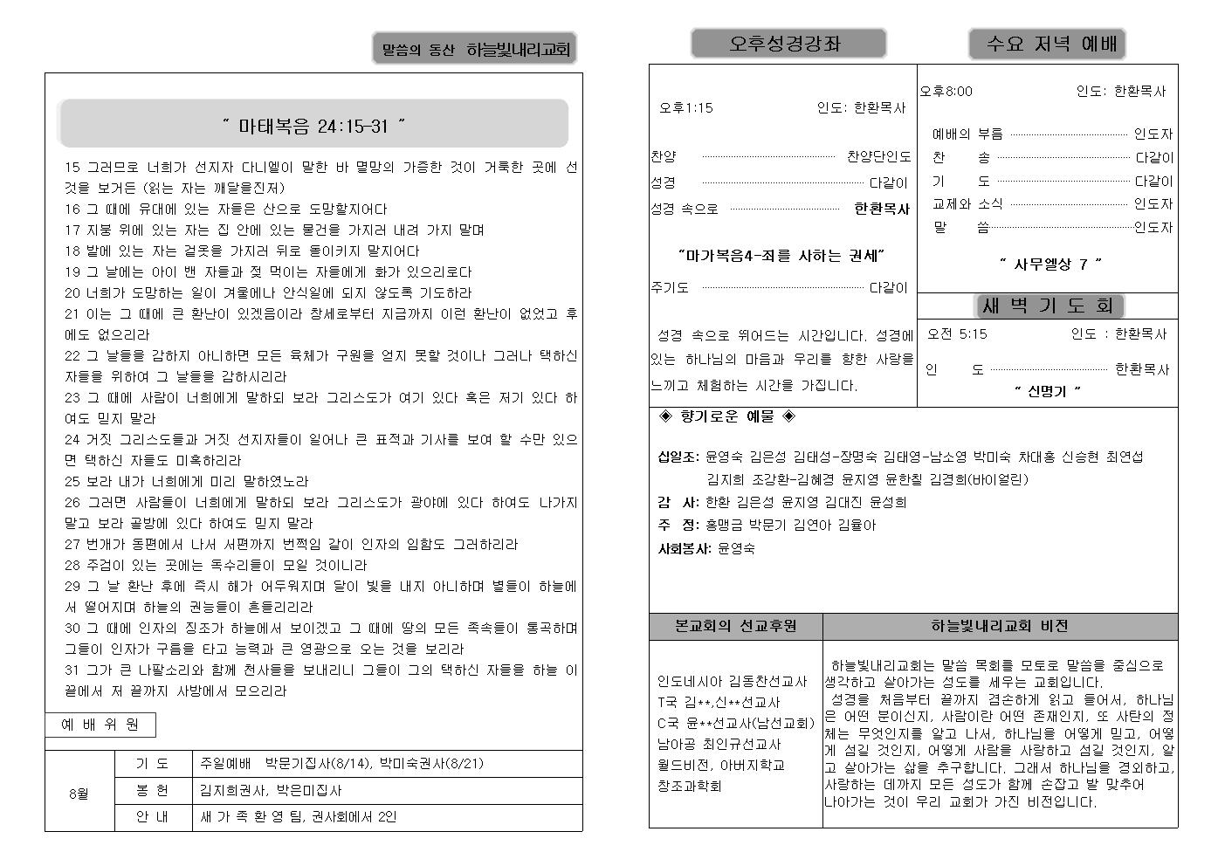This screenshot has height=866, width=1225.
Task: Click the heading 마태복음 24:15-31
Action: [x=313, y=126]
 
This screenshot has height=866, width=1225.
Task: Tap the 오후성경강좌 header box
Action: [x=788, y=44]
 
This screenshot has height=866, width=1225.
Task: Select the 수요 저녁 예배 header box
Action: [x=1046, y=44]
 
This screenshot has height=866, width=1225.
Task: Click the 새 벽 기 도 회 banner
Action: [x=1048, y=306]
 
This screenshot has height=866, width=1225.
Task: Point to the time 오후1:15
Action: [x=685, y=108]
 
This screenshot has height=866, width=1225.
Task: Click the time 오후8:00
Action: [x=946, y=91]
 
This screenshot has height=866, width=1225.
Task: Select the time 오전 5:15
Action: [x=957, y=333]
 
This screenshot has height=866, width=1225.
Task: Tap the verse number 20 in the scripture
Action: [x=72, y=293]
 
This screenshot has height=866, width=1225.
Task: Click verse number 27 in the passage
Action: [x=72, y=545]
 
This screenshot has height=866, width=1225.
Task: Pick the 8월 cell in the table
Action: [x=79, y=794]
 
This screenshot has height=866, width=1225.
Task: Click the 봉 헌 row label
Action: [x=152, y=790]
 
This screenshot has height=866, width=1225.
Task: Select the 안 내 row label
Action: [x=152, y=817]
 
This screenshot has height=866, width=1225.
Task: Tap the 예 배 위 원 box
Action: [x=100, y=725]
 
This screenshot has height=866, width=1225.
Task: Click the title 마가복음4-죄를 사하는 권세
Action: [x=781, y=256]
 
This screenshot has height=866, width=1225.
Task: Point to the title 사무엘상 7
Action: [x=1050, y=264]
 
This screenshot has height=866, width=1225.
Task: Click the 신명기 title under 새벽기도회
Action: [x=1048, y=391]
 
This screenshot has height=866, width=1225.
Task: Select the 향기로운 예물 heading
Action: [x=726, y=416]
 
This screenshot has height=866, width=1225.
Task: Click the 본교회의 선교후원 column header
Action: [x=735, y=626]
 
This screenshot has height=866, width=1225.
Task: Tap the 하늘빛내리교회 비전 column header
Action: [x=999, y=626]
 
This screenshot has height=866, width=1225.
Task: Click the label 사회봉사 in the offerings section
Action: [x=684, y=549]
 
